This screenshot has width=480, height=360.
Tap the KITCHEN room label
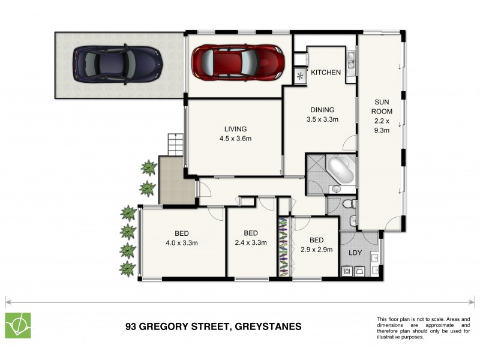(x=326, y=73)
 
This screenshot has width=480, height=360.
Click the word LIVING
(x=235, y=129)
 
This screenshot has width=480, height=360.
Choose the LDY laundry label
(x=355, y=253)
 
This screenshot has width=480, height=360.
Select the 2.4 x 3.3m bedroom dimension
(x=251, y=243)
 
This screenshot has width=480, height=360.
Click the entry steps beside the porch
(x=173, y=145)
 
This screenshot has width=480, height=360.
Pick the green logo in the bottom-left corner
(x=18, y=325)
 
